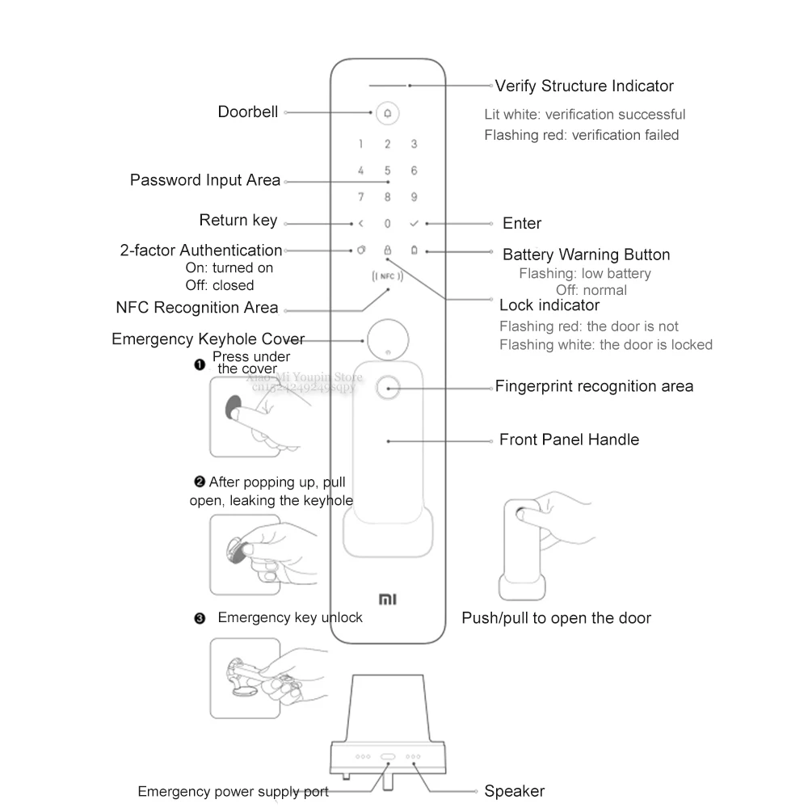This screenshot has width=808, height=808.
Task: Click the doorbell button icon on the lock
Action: click(387, 113)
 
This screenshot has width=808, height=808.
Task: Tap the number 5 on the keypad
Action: click(387, 170)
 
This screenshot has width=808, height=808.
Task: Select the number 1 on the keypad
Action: click(361, 145)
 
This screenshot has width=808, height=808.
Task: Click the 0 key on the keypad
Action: click(387, 224)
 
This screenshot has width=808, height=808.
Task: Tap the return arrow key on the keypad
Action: click(361, 224)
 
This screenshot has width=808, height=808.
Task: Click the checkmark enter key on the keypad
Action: click(414, 224)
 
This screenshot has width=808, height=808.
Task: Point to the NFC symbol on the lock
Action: click(387, 276)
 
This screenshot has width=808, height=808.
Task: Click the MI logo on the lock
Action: click(387, 599)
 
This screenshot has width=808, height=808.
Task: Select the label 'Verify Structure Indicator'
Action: click(584, 86)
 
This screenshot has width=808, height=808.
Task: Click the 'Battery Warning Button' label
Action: click(587, 255)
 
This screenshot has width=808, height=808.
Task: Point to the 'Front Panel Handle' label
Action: click(569, 440)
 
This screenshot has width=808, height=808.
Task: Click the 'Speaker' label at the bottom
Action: click(514, 791)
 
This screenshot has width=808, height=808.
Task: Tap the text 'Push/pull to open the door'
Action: click(556, 618)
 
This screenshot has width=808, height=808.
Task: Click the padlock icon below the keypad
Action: click(387, 250)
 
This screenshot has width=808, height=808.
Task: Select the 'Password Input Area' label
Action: click(205, 180)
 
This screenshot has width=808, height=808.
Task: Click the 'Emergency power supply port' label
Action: click(233, 791)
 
